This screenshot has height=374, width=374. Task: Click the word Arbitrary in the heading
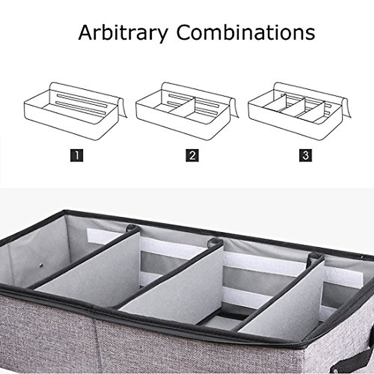123,33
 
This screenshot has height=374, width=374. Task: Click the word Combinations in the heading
246,32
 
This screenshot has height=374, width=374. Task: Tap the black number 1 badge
77,155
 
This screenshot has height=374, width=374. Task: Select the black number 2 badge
192,155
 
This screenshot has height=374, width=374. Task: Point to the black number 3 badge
305,155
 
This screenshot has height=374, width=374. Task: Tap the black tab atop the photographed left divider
132,228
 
